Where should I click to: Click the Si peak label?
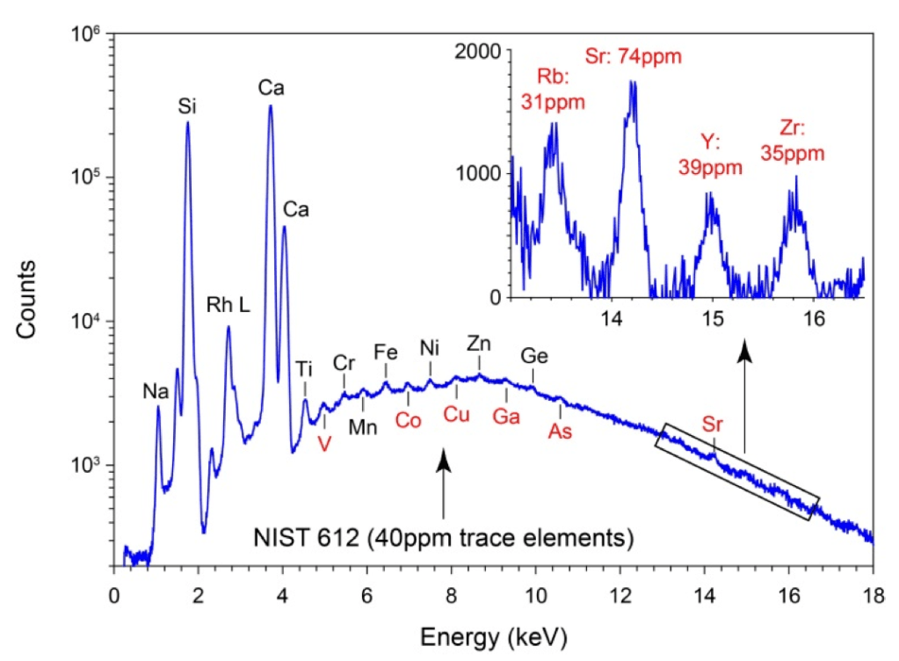[x=186, y=107]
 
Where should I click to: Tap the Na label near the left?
[x=156, y=388]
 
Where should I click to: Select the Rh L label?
[x=228, y=305]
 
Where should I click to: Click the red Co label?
[x=408, y=420]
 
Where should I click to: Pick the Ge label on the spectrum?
[x=533, y=356]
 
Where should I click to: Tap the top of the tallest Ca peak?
[x=271, y=106]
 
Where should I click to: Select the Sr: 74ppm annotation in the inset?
[x=634, y=58]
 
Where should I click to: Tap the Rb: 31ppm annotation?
[x=554, y=90]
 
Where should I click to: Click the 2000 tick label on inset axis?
[x=482, y=53]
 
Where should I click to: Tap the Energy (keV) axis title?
[x=493, y=633]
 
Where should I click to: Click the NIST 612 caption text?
[x=445, y=536]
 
